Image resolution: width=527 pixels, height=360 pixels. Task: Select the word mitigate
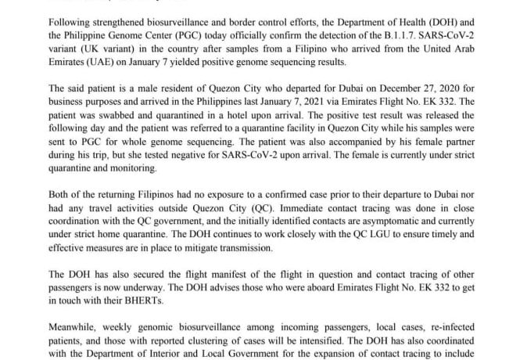(183, 249)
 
